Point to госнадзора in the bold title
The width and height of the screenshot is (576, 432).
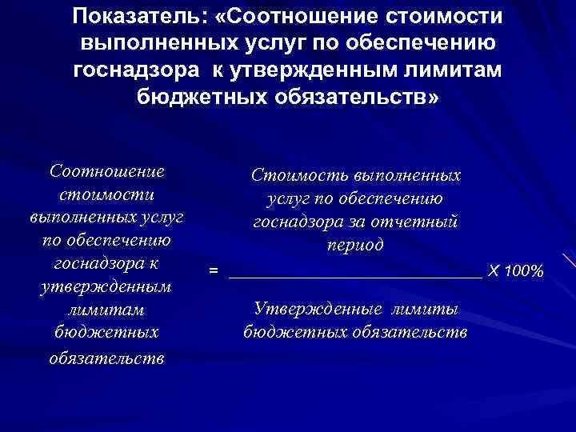135,70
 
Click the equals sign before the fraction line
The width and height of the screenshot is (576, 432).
213,272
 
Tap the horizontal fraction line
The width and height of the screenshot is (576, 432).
355,275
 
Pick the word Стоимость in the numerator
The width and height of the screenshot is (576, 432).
297,174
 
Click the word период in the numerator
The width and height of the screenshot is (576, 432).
355,245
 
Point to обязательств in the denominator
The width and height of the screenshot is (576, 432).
409,331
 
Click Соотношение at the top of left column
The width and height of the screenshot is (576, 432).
107,171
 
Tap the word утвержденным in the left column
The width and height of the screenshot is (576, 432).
106,286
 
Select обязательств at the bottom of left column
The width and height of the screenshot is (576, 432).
106,357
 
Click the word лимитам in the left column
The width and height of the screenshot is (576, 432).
106,309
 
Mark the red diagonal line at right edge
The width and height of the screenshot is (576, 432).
569,264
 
